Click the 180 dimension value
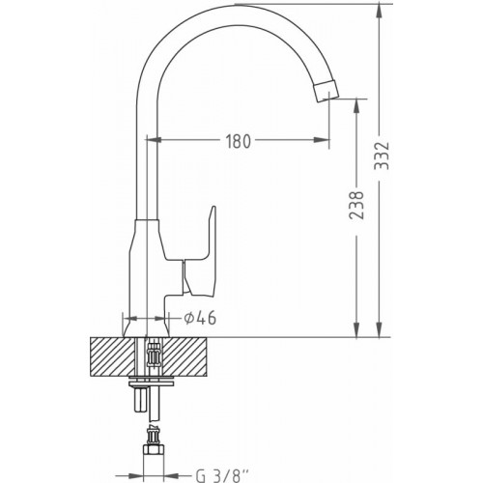(240, 141)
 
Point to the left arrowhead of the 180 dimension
(152, 141)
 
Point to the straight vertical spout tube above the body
(144, 164)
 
